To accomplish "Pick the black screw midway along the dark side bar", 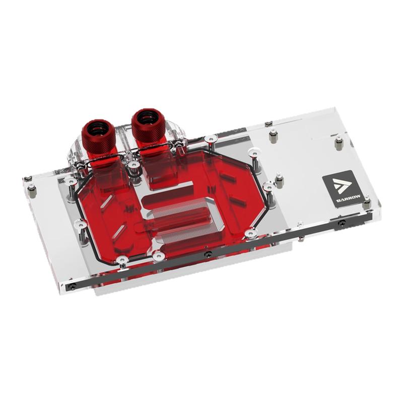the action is click(x=207, y=254).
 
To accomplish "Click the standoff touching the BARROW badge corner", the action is click(x=366, y=203).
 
